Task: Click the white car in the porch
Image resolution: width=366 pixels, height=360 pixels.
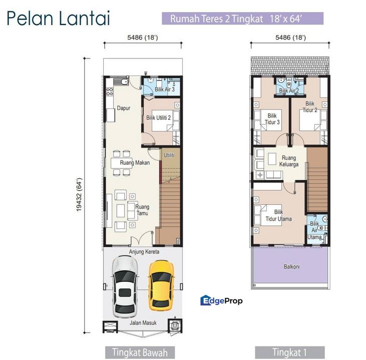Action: (124, 286)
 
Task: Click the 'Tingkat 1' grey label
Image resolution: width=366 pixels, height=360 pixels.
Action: (289, 351)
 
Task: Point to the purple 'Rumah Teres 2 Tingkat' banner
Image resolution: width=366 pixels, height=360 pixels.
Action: (243, 19)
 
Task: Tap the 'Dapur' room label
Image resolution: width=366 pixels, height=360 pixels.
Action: (123, 107)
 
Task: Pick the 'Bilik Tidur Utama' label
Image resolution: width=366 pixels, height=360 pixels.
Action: (279, 215)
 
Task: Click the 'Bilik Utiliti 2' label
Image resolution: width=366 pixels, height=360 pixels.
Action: (159, 118)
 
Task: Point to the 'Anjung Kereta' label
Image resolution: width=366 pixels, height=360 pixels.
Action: (144, 251)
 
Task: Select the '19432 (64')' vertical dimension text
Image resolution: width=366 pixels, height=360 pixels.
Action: (80, 196)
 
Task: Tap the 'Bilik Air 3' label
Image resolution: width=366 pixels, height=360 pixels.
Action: (164, 89)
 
